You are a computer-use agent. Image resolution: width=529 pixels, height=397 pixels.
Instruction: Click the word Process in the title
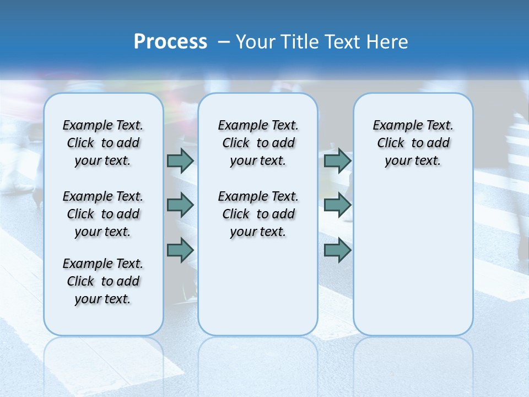pyautogui.click(x=170, y=42)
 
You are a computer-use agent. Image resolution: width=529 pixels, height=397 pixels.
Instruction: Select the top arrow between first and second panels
pyautogui.click(x=180, y=160)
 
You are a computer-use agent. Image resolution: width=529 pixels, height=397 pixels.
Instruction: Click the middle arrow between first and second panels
pyautogui.click(x=180, y=206)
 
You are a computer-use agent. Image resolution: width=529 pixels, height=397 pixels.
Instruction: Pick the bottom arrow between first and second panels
pyautogui.click(x=180, y=250)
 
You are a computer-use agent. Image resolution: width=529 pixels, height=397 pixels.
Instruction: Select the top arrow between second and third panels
pyautogui.click(x=337, y=160)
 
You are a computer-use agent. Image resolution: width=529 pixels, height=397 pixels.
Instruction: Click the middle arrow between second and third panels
pyautogui.click(x=337, y=206)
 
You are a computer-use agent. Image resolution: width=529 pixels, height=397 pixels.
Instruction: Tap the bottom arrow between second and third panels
pyautogui.click(x=337, y=250)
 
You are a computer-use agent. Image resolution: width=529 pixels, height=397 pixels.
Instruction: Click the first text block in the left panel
pyautogui.click(x=103, y=143)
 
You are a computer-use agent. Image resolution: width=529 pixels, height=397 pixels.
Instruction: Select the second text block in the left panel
pyautogui.click(x=103, y=214)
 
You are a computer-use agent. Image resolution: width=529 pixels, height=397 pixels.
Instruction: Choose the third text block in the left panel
pyautogui.click(x=103, y=281)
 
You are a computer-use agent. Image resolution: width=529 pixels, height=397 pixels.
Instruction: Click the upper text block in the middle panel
pyautogui.click(x=258, y=143)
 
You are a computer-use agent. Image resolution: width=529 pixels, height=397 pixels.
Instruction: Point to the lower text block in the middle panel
pyautogui.click(x=258, y=214)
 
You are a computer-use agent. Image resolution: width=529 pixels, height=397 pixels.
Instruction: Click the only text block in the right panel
pyautogui.click(x=413, y=143)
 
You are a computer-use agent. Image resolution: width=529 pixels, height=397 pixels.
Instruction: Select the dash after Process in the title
pyautogui.click(x=224, y=42)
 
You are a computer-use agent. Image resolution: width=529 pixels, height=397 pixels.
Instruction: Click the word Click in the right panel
pyautogui.click(x=391, y=143)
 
